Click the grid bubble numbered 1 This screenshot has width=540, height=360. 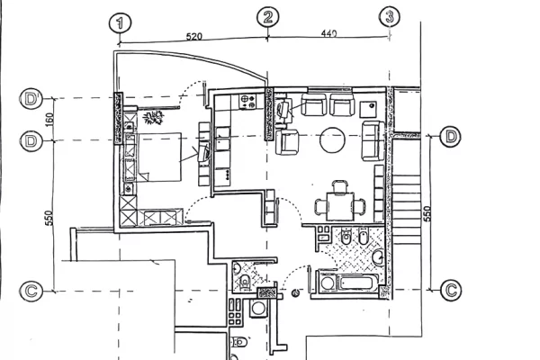[x=120, y=22]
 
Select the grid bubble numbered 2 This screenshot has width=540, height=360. [x=268, y=17]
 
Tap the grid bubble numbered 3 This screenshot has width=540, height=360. [x=390, y=16]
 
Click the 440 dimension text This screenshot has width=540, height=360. [x=327, y=32]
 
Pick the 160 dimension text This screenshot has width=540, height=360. [x=52, y=118]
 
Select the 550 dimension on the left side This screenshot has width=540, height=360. [x=50, y=217]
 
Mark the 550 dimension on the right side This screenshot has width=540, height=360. [x=427, y=213]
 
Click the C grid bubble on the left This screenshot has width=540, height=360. [x=31, y=290]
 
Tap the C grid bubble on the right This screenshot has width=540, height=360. [x=451, y=290]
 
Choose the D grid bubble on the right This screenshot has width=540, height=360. [x=451, y=137]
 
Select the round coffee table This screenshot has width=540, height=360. [x=331, y=139]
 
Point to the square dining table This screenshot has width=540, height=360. [x=340, y=206]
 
